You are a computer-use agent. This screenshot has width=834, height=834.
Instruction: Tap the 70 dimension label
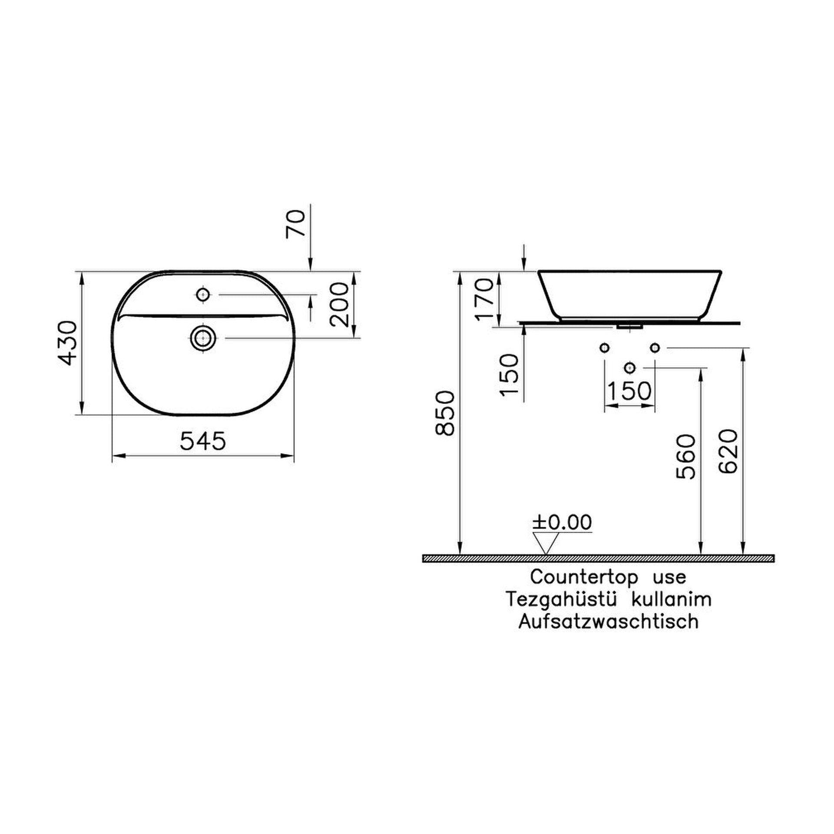click(x=296, y=224)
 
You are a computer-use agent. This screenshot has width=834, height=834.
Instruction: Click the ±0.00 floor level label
click(x=563, y=522)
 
